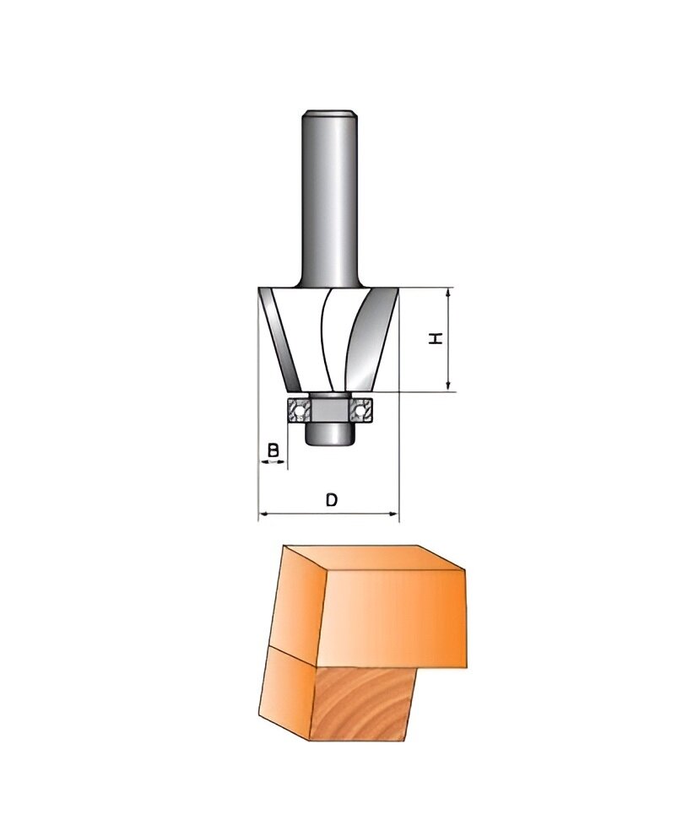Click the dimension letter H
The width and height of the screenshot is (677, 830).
click(x=436, y=338)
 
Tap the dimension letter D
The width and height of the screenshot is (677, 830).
click(x=332, y=499)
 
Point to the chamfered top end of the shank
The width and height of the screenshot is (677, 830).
click(x=328, y=112)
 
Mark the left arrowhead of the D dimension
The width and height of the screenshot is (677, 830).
click(x=264, y=514)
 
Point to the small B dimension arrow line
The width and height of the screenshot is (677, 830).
click(x=273, y=462)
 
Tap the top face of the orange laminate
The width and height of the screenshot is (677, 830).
click(x=371, y=558)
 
